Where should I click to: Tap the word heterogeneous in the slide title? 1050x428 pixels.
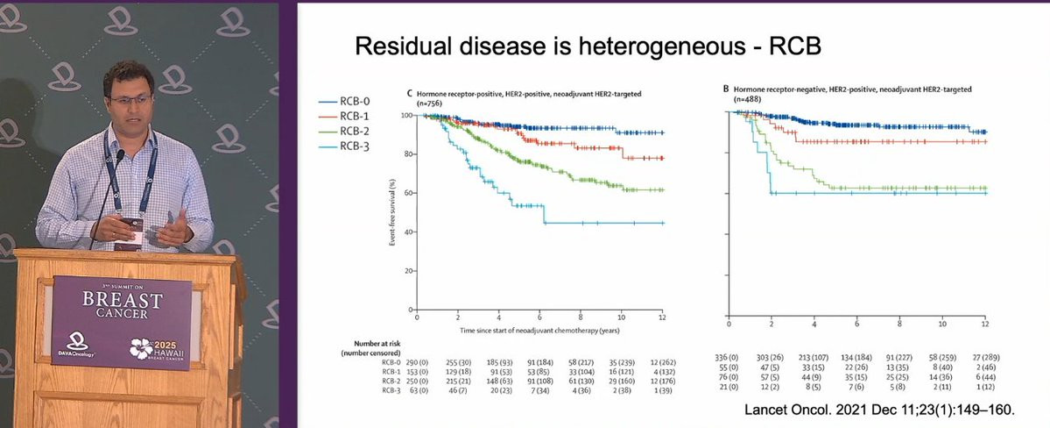[x=638, y=45]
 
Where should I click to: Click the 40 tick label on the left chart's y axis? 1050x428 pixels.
[x=407, y=232]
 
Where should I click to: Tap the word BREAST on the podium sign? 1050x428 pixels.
[x=123, y=300]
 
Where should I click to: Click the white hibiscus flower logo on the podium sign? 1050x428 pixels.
[x=141, y=348]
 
